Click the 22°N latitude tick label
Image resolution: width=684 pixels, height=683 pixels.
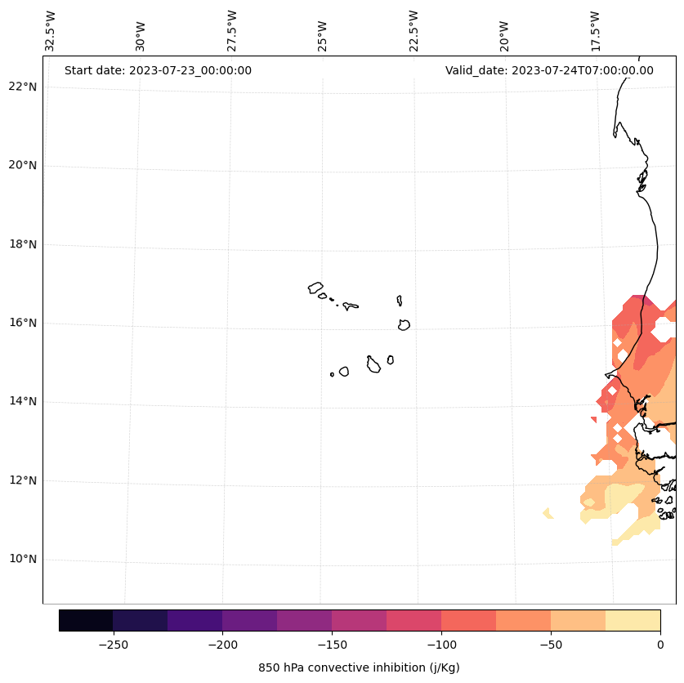pyautogui.click(x=22, y=87)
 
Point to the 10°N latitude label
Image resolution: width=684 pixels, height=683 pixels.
pyautogui.click(x=22, y=559)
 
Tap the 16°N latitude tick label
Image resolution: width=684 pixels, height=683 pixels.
pyautogui.click(x=22, y=323)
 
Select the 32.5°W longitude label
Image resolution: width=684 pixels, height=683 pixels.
pyautogui.click(x=51, y=31)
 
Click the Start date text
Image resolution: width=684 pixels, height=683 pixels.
pyautogui.click(x=158, y=70)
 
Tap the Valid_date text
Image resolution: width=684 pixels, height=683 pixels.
pyautogui.click(x=549, y=70)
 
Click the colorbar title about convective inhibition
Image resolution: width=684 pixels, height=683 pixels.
pyautogui.click(x=359, y=667)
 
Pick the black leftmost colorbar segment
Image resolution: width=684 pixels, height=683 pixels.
pyautogui.click(x=86, y=620)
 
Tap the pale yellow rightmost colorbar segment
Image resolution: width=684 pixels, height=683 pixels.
pyautogui.click(x=633, y=620)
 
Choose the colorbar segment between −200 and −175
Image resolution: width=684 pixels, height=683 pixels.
pyautogui.click(x=249, y=620)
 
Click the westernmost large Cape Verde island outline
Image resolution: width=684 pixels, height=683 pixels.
pyautogui.click(x=315, y=288)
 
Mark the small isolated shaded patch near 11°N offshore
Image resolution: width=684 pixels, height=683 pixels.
pyautogui.click(x=548, y=513)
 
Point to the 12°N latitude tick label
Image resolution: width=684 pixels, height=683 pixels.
pyautogui.click(x=22, y=480)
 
